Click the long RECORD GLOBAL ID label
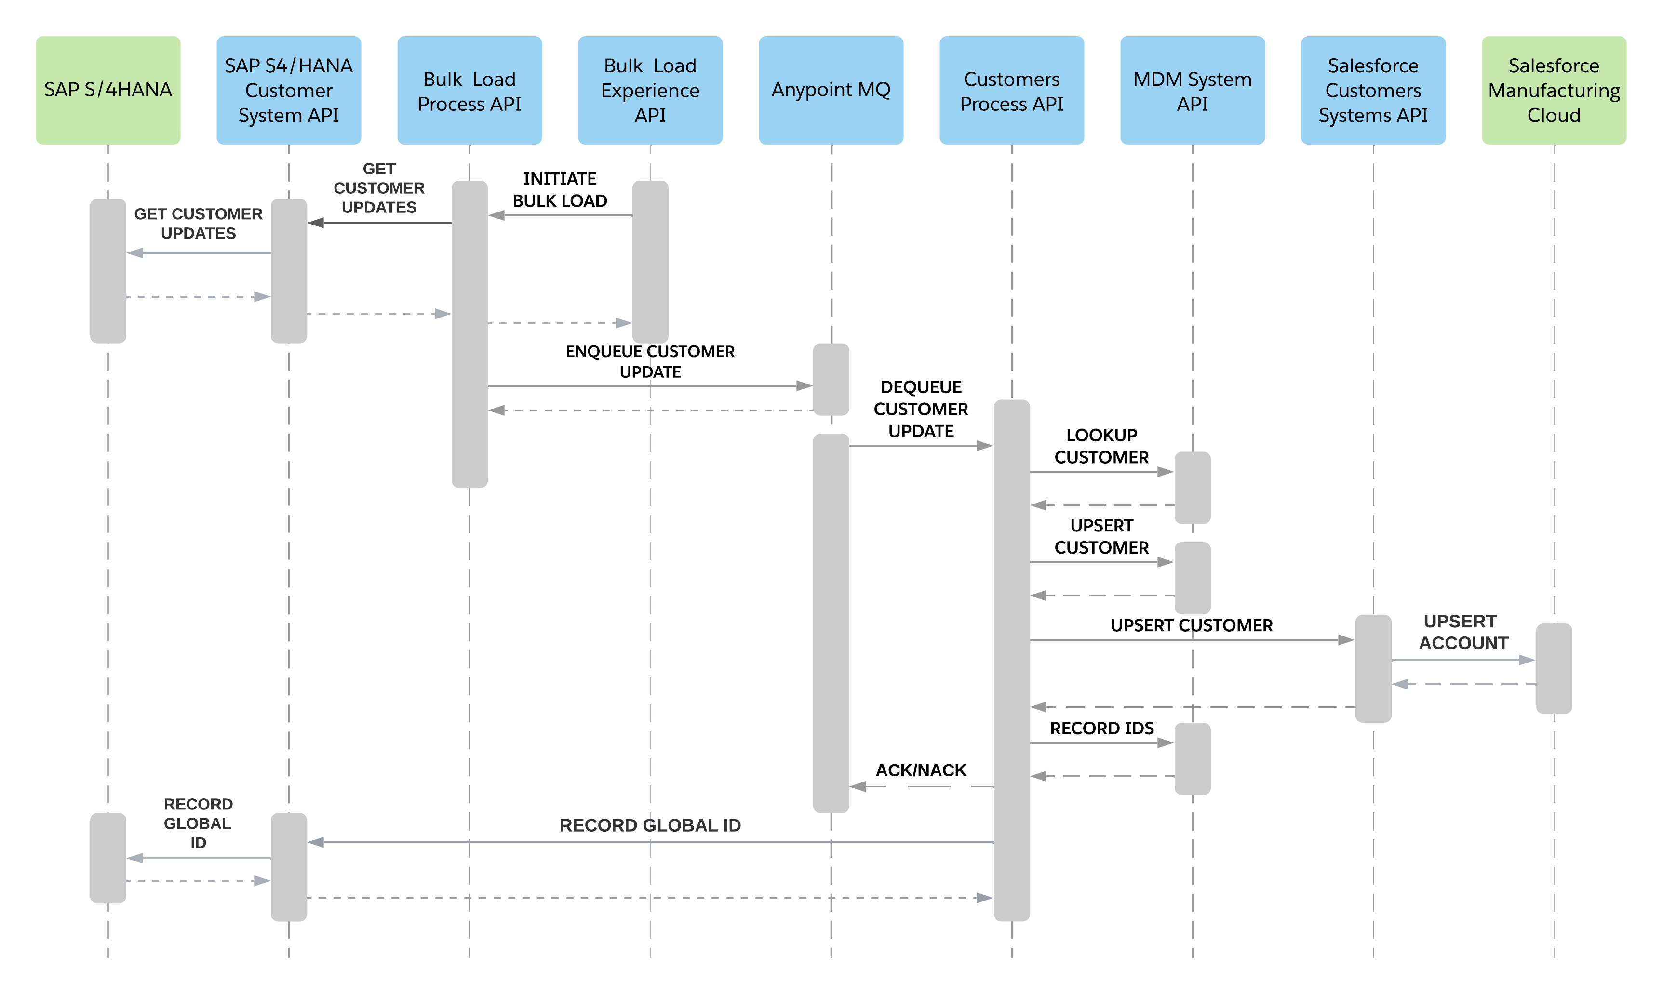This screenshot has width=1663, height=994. [x=650, y=825]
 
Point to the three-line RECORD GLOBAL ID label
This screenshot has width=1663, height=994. [x=198, y=823]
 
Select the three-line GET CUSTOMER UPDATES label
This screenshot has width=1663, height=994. [x=379, y=188]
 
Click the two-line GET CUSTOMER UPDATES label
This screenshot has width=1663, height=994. [x=198, y=224]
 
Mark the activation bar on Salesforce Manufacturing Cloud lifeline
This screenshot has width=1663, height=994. [x=1554, y=668]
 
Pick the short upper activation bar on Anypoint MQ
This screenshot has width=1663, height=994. [x=831, y=379]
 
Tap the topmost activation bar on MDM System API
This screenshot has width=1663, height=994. [x=1193, y=488]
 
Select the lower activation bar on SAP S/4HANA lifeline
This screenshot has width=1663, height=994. [x=108, y=858]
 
